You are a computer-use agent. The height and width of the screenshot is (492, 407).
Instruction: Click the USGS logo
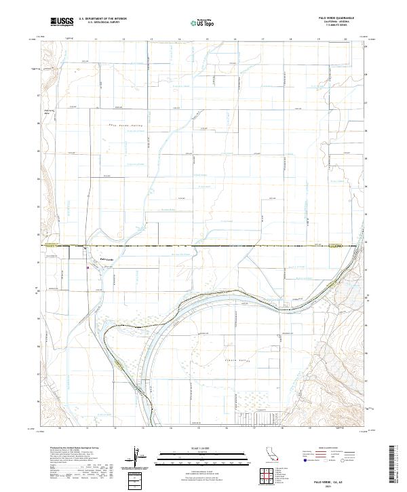(x=61, y=22)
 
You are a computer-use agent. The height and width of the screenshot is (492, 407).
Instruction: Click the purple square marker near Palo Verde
(x=88, y=267)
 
